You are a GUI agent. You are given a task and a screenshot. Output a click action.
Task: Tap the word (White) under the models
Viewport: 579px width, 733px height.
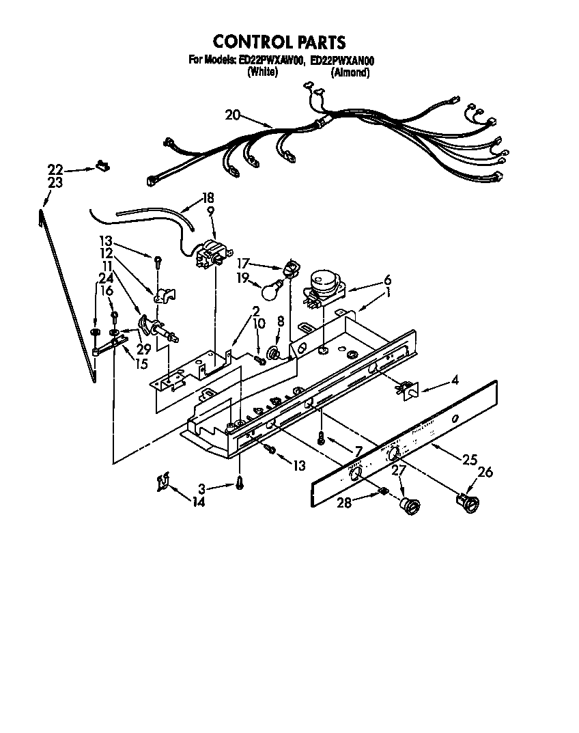(263, 72)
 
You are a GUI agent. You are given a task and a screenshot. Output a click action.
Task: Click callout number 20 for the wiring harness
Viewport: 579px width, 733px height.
(233, 115)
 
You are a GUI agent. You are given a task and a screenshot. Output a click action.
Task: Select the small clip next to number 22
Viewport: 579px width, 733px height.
(103, 164)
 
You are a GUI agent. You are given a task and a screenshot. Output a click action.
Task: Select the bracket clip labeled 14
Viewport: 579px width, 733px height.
(161, 482)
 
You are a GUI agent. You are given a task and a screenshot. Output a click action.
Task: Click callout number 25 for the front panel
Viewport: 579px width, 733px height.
(469, 460)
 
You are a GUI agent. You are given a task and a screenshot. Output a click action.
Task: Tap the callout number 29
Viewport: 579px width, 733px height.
(143, 349)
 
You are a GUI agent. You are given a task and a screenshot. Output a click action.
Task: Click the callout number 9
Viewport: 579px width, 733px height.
(211, 212)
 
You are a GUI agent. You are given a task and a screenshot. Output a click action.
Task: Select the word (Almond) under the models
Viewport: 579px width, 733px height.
(350, 72)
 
